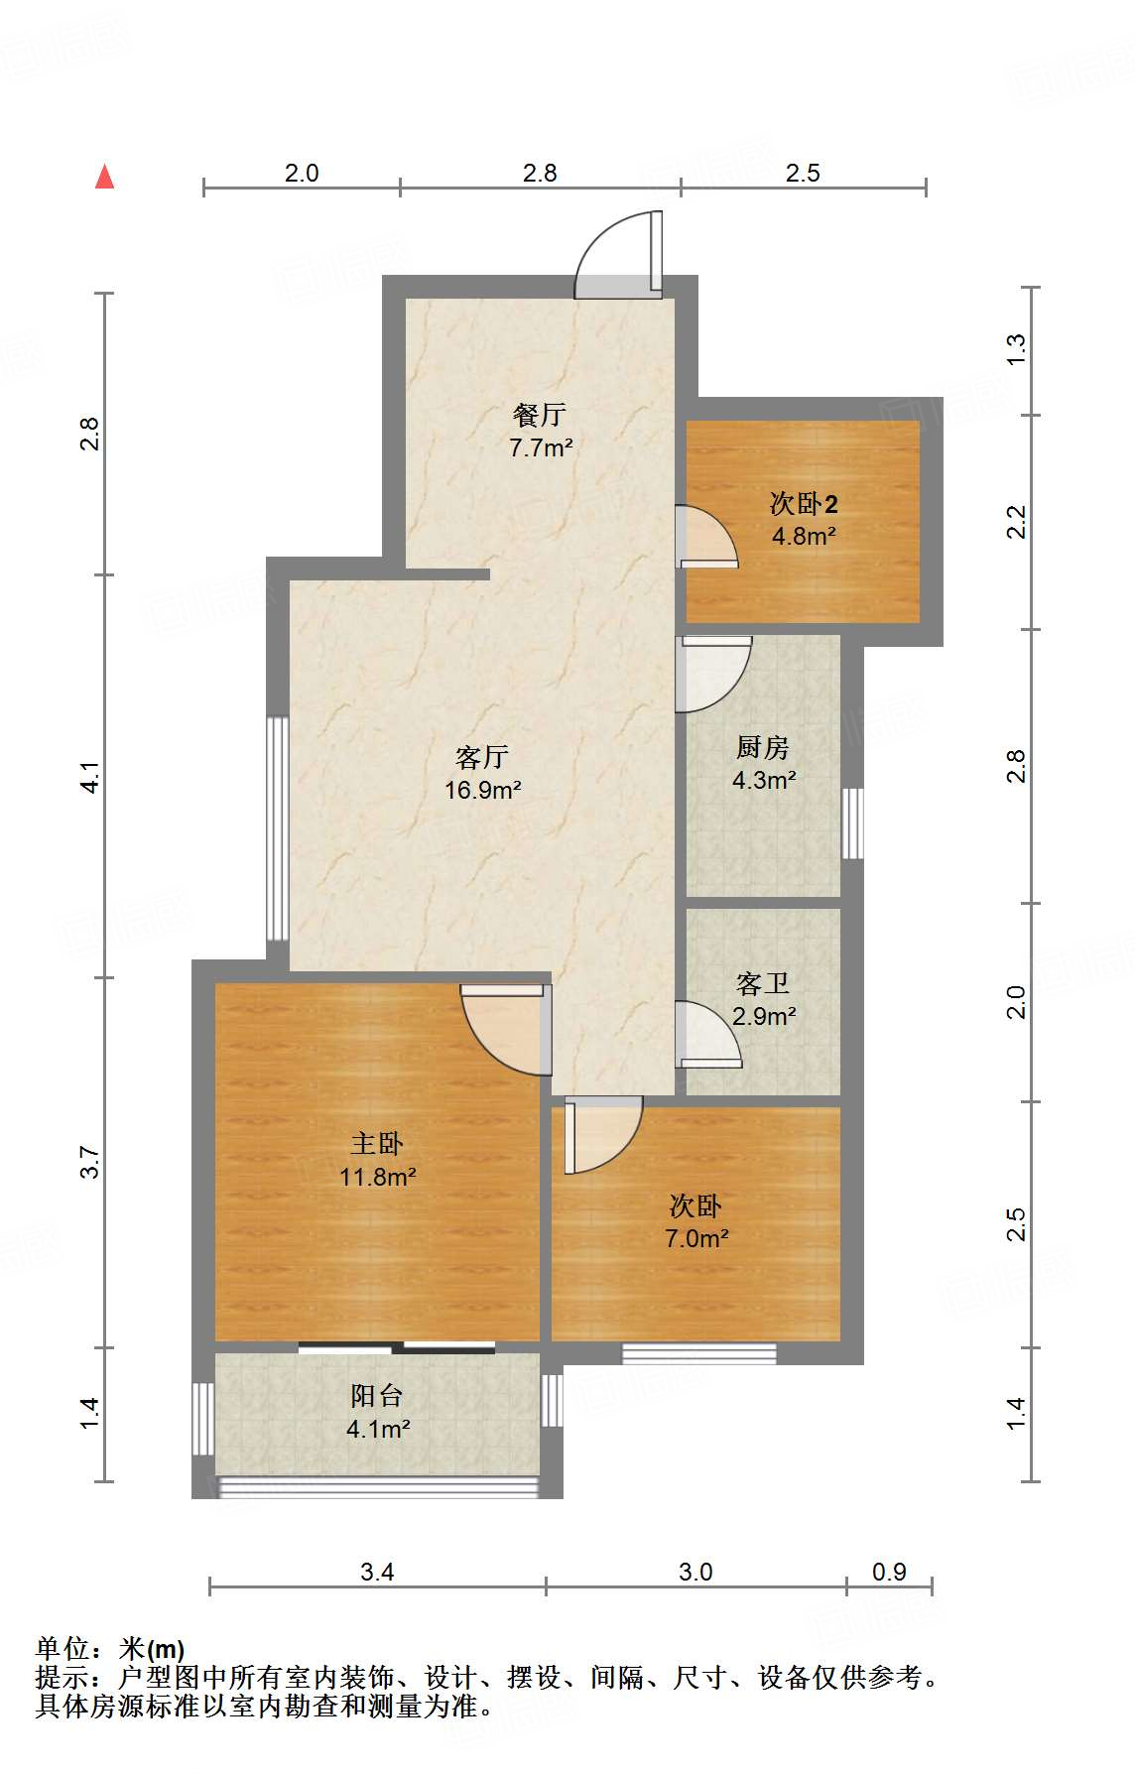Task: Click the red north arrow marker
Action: coord(104,177)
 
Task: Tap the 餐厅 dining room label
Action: coord(540,414)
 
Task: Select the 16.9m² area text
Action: coord(482,791)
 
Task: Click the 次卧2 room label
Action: coord(804,504)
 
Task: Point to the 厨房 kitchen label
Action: coord(762,747)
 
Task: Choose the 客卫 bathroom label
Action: coord(763,983)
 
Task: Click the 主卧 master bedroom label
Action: coord(377,1144)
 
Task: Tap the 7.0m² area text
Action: coord(696,1238)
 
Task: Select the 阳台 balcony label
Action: coord(377,1396)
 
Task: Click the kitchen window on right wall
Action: coord(852,824)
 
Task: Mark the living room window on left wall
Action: coord(278,828)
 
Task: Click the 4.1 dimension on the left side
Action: coord(90,777)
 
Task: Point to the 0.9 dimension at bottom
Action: coord(889,1572)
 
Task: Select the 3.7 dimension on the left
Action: coord(90,1162)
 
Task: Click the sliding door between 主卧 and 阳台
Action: coord(397,1347)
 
